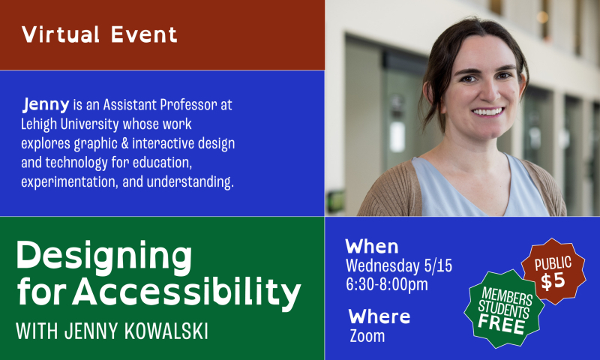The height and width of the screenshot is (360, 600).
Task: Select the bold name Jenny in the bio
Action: point(46,104)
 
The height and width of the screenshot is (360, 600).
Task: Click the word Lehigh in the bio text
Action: point(39,123)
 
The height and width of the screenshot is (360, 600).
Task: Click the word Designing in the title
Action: point(104,258)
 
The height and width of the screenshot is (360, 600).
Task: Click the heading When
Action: point(372,247)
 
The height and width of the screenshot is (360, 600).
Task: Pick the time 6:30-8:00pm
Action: point(387,284)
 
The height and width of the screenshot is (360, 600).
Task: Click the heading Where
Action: point(379,316)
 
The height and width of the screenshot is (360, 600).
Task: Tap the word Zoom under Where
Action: point(367,336)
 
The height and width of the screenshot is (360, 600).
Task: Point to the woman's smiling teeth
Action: point(487,112)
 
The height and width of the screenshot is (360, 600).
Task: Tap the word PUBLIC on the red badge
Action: point(553,263)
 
